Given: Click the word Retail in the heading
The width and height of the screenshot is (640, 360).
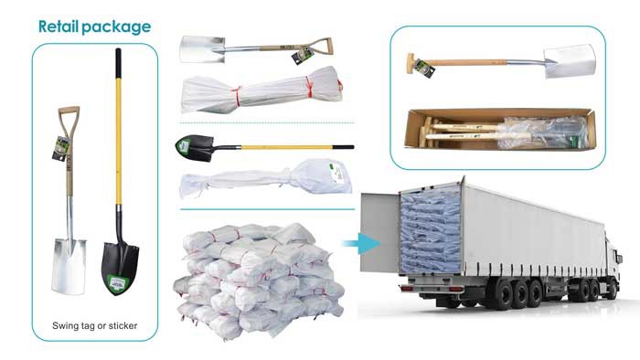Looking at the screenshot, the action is pos(62,26).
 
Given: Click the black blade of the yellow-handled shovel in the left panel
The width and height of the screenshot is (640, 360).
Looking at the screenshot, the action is pos(120,266).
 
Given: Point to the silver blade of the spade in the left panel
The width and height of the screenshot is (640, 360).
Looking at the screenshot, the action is pos(69,265).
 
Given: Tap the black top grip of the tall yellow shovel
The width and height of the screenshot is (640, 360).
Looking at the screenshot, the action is pos(117,60).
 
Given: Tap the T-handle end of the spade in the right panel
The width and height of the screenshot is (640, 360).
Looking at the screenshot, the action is pos(412,65).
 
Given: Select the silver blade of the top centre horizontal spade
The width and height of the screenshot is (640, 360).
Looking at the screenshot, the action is pos(203,49).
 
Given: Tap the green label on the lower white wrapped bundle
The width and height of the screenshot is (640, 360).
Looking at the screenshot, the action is pos(337,179).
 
